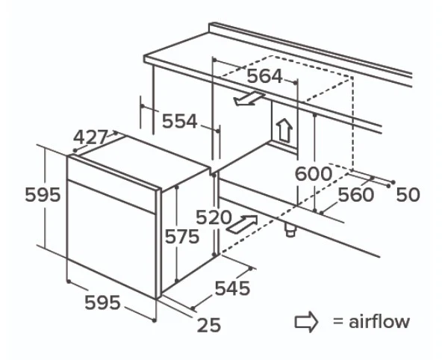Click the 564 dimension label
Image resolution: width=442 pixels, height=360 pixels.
[x=264, y=76]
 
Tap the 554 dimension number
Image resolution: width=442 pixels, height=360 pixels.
[x=179, y=121]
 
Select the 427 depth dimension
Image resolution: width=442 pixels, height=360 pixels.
[x=91, y=137]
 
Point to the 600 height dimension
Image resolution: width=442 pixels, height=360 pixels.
[x=313, y=174]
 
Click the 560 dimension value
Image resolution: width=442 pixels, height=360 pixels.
[x=356, y=194]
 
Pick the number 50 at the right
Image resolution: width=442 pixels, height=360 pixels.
[x=408, y=194]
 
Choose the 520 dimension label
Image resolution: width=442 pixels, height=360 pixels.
[x=214, y=217]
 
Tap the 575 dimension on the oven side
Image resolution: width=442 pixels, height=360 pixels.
[x=182, y=236]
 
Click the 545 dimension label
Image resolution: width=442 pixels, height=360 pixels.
[x=232, y=288]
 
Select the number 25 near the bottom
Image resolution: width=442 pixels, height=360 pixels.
[x=209, y=325]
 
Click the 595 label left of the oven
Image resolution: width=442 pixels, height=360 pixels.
[x=43, y=194]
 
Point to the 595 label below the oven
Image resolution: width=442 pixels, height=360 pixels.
[x=102, y=302]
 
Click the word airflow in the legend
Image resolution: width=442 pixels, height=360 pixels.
[x=379, y=321]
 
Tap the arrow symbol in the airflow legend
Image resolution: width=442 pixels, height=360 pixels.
[x=306, y=322]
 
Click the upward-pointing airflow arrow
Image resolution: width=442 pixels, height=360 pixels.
[x=284, y=130]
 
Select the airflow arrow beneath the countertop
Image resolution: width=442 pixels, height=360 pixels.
[x=249, y=99]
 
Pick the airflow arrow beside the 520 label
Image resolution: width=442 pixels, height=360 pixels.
[x=243, y=224]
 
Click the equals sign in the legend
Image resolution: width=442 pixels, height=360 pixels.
[x=337, y=322]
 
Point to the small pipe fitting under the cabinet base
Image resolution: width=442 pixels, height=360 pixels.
[x=290, y=230]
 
